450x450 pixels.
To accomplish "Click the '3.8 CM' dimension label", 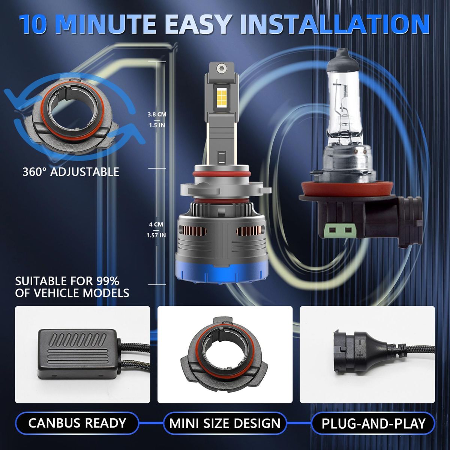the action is pos(157,114).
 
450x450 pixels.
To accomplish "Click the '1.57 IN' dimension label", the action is pos(156,235).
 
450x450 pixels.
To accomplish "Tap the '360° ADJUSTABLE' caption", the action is pos(71,172).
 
